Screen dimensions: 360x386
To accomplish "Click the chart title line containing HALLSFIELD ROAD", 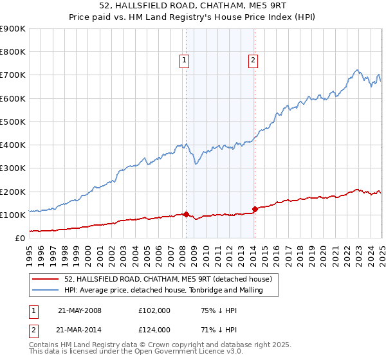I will click(x=193, y=6).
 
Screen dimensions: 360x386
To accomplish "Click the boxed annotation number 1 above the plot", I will click(x=185, y=60).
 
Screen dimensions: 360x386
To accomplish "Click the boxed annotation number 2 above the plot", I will click(x=253, y=60).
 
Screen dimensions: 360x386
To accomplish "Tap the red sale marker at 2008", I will click(x=186, y=214).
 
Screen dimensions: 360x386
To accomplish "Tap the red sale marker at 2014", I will click(x=255, y=209).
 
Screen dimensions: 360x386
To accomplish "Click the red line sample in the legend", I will click(x=46, y=279).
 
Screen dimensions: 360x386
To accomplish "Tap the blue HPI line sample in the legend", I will click(x=46, y=290).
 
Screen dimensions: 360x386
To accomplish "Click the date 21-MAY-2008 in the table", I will click(x=80, y=310).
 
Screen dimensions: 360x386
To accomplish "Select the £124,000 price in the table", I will click(x=154, y=330).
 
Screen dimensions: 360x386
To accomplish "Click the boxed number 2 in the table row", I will click(x=34, y=330).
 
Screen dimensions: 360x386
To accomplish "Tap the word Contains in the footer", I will click(x=44, y=346).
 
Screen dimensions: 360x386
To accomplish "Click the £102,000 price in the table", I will click(x=154, y=310).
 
